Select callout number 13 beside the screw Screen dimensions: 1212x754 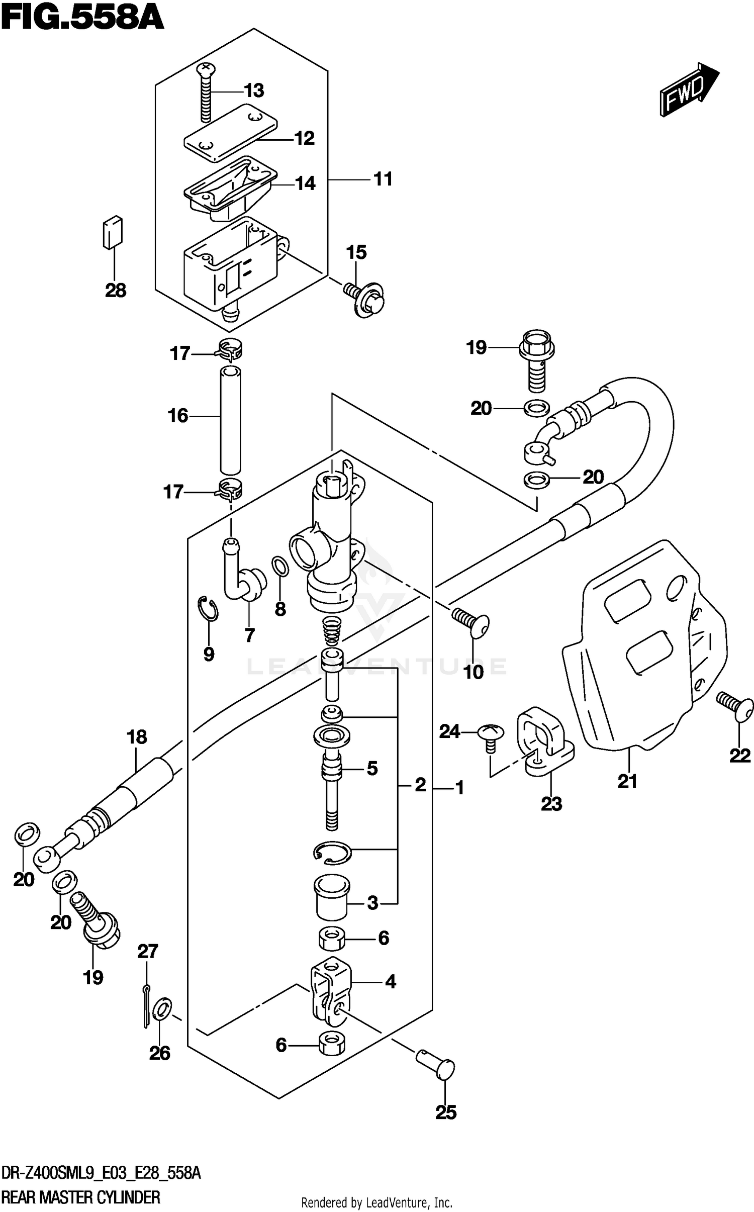click(254, 91)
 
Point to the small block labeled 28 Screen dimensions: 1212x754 click(113, 232)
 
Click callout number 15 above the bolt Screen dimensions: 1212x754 click(356, 252)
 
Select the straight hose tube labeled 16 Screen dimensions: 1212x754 click(230, 420)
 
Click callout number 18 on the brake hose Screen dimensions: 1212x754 click(137, 737)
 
